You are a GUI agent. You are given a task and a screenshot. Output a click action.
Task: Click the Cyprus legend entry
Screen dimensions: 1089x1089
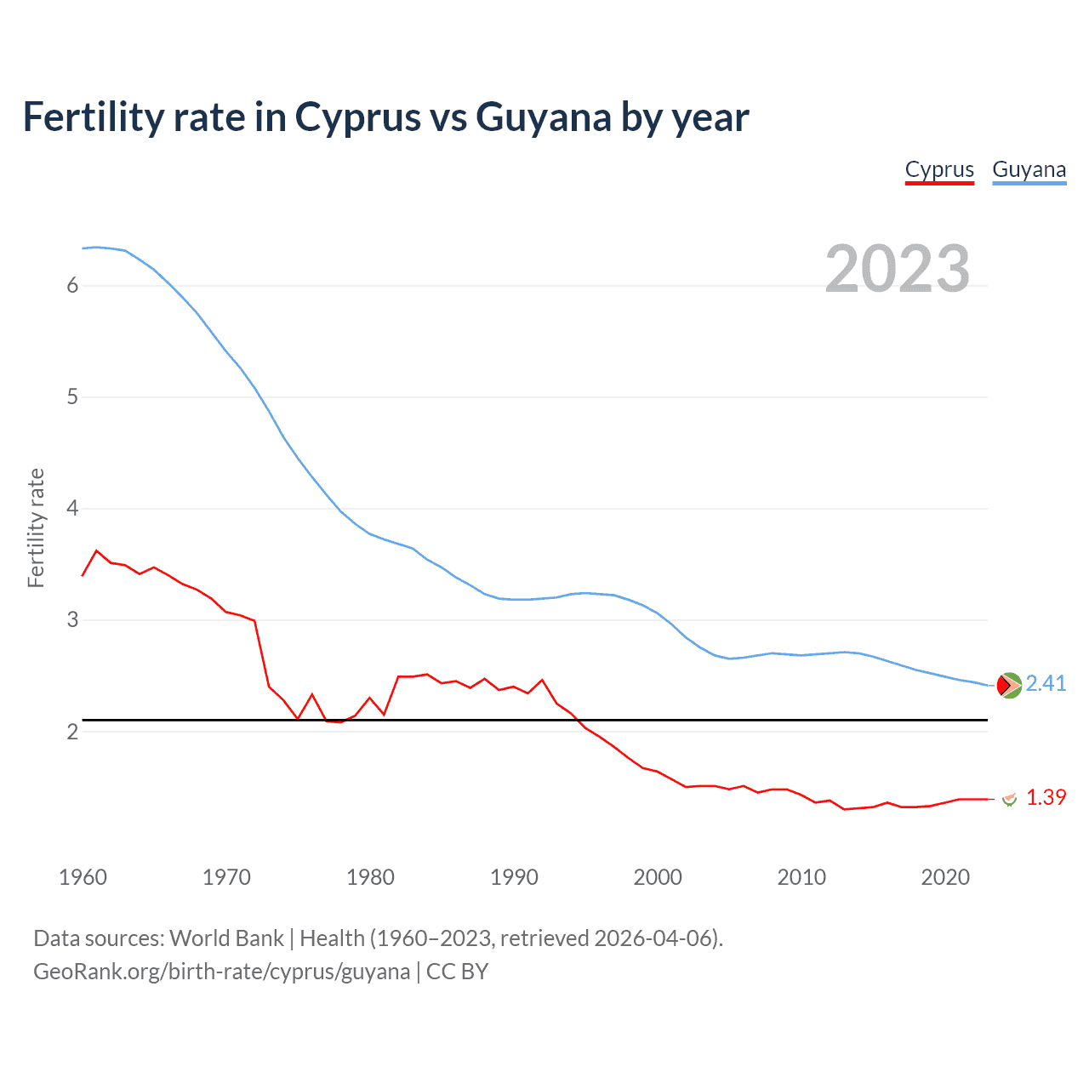tap(939, 169)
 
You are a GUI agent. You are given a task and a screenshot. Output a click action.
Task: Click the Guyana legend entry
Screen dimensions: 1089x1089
tap(1029, 169)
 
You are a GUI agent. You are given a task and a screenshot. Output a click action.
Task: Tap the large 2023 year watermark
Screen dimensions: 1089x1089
tap(898, 269)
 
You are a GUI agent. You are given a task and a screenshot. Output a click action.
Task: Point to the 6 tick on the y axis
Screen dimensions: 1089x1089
tap(72, 286)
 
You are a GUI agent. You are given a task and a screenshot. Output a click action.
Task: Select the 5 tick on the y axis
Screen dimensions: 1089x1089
tap(72, 397)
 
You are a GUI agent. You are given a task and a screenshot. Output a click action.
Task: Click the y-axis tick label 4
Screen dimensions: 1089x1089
tap(72, 509)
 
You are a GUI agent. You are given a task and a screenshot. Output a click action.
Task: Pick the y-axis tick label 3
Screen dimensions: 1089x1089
tap(72, 620)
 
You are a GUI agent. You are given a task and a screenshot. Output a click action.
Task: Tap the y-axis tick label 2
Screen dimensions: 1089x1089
tap(72, 732)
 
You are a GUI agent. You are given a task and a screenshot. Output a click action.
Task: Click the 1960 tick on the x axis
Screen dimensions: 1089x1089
tap(83, 877)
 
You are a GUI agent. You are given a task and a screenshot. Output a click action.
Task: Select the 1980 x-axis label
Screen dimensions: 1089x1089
tap(370, 877)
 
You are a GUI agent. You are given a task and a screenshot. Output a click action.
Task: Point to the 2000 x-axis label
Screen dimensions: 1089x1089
tap(658, 877)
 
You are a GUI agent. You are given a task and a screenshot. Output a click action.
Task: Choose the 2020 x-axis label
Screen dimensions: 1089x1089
tap(945, 877)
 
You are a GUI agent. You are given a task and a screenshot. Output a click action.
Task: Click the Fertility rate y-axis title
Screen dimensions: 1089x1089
tap(36, 527)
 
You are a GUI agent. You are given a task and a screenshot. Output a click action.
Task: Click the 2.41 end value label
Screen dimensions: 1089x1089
tap(1046, 684)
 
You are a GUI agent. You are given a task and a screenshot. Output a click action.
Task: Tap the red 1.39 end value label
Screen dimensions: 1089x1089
tap(1046, 798)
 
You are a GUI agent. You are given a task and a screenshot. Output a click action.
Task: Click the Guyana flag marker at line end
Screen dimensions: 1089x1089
tap(1009, 685)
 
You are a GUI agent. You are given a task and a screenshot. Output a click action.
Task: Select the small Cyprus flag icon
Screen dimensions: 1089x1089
tap(1009, 799)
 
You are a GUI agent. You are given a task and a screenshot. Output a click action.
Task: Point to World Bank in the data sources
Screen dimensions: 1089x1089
tap(226, 938)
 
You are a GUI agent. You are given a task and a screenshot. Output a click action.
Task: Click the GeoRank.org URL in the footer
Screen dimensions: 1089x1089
tap(221, 972)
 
